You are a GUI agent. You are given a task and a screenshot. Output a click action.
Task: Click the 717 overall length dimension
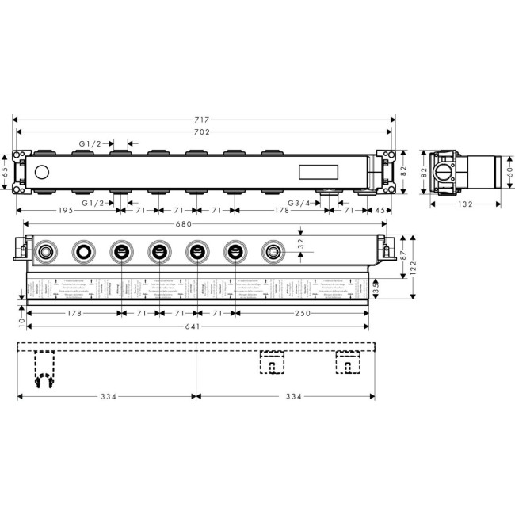204,119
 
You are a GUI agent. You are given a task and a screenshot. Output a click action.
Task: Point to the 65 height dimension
5,171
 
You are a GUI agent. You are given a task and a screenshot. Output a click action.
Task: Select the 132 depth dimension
466,204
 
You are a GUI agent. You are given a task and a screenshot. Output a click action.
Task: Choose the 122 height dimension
413,266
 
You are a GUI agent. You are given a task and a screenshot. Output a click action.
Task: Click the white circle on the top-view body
42,171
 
